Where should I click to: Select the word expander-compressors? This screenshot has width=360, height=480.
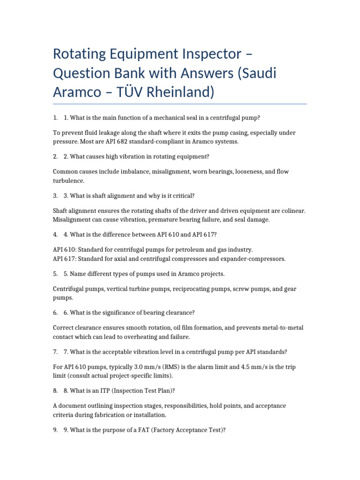[x=253, y=258]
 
